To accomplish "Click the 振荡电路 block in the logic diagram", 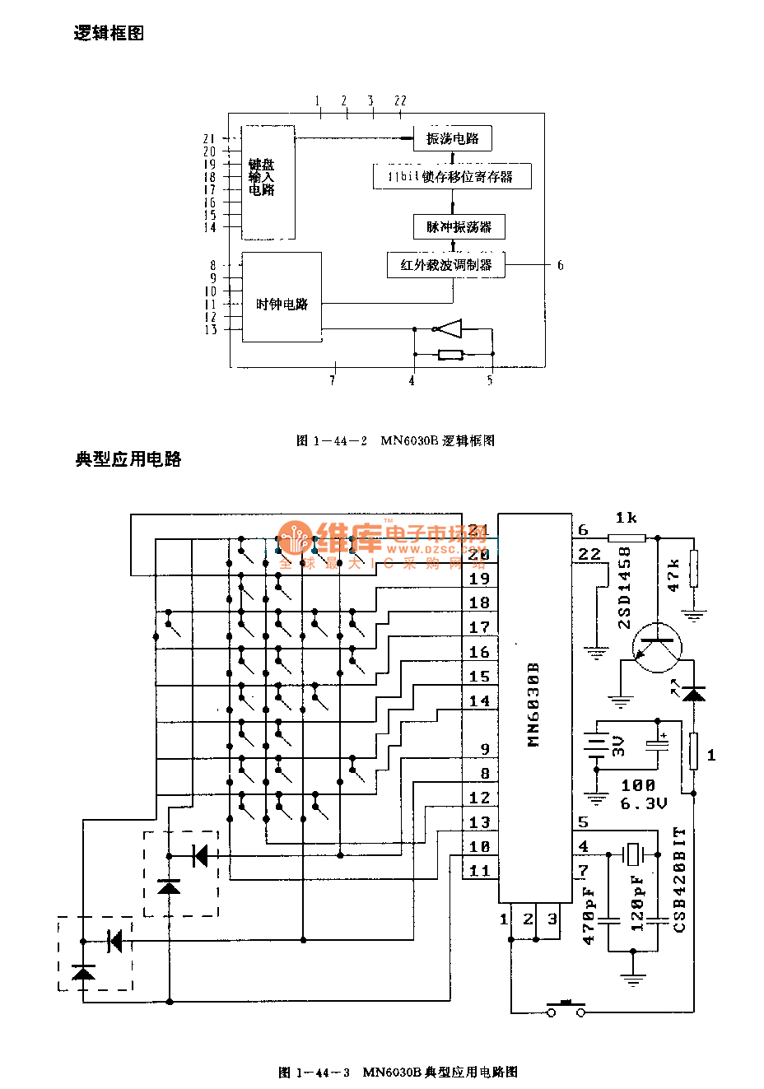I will click(x=452, y=138).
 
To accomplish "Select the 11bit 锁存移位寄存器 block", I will click(x=451, y=177).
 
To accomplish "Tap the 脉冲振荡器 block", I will click(x=459, y=227).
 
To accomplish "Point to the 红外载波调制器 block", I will click(x=446, y=265).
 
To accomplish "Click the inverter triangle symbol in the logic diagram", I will click(x=448, y=329).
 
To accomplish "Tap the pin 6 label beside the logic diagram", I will click(x=560, y=265).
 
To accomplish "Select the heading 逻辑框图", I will click(x=109, y=33).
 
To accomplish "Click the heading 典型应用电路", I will click(x=128, y=459).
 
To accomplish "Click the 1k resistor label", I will click(x=626, y=518).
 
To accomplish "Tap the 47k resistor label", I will click(x=673, y=575).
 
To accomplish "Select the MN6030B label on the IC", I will click(x=533, y=704).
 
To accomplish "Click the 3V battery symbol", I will click(x=595, y=746).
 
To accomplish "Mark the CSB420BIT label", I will click(x=680, y=879).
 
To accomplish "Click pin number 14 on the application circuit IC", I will click(x=479, y=701).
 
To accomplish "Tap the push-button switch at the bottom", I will click(x=566, y=1008).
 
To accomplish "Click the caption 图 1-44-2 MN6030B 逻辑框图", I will click(x=395, y=440).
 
